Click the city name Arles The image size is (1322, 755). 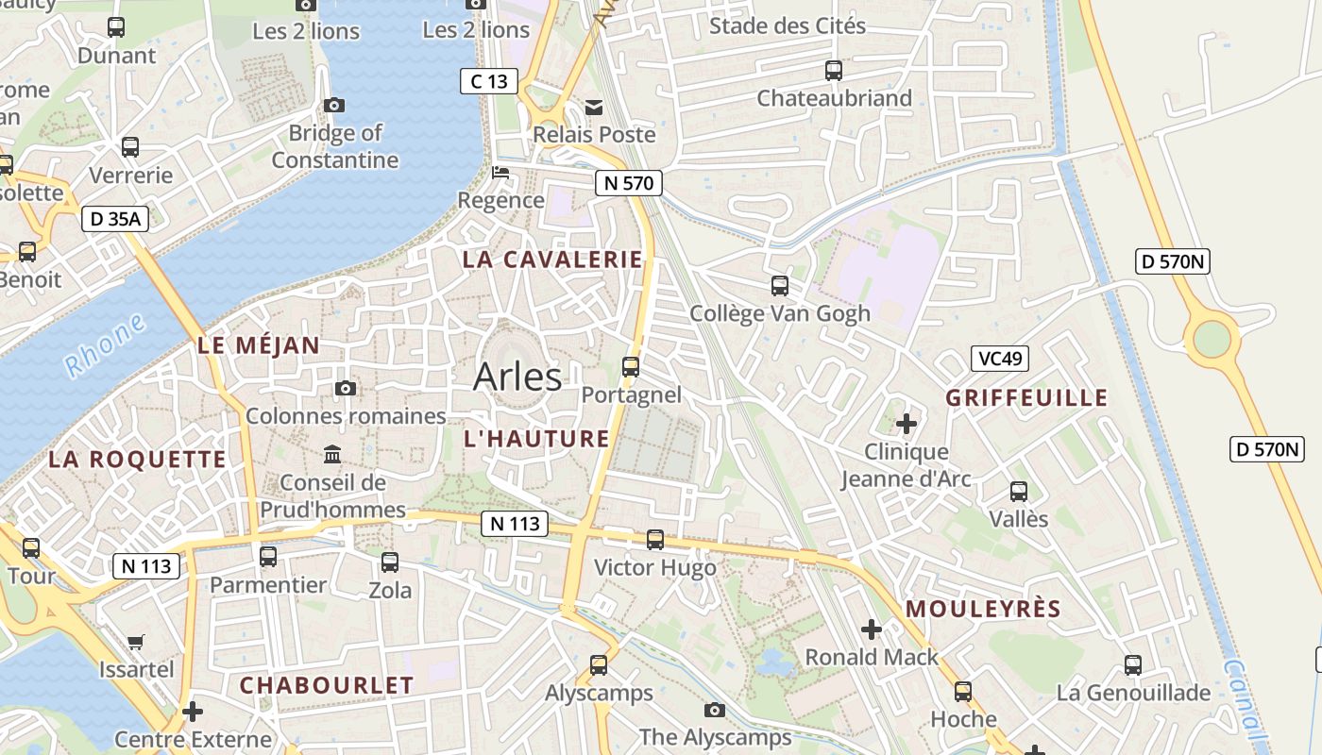pyautogui.click(x=517, y=377)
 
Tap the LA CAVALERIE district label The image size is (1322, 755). pyautogui.click(x=552, y=260)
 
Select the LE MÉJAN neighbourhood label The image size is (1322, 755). pyautogui.click(x=259, y=345)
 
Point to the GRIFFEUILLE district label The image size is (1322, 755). pyautogui.click(x=1026, y=397)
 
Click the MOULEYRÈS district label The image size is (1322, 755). pyautogui.click(x=983, y=609)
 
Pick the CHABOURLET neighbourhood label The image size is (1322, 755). pyautogui.click(x=327, y=685)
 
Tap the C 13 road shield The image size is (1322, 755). pyautogui.click(x=489, y=81)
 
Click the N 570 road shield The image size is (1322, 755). pyautogui.click(x=628, y=183)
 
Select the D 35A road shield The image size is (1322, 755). pyautogui.click(x=115, y=219)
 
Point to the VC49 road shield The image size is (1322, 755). pyautogui.click(x=999, y=359)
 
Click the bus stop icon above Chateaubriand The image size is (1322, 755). pyautogui.click(x=834, y=70)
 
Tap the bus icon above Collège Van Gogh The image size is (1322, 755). pyautogui.click(x=780, y=285)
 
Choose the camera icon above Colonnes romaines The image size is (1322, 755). pyautogui.click(x=346, y=388)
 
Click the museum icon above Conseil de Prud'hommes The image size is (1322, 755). pyautogui.click(x=332, y=455)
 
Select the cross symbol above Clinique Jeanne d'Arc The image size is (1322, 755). pyautogui.click(x=907, y=424)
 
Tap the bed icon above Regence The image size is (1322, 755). pyautogui.click(x=500, y=173)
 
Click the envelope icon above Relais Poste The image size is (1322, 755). pyautogui.click(x=594, y=108)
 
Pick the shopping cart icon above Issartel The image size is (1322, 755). pyautogui.click(x=136, y=643)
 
